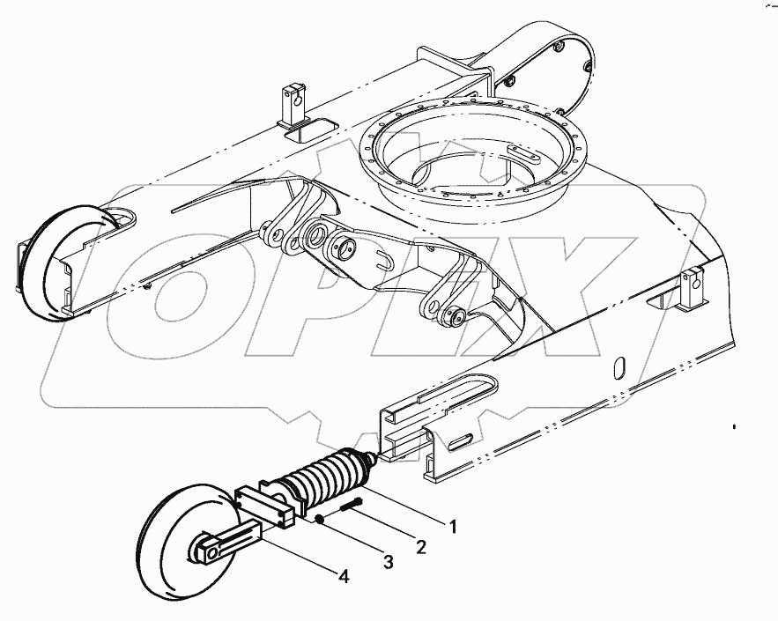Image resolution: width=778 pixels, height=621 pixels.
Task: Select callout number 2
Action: pyautogui.click(x=421, y=548)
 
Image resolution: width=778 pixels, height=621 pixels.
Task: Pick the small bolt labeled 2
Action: pyautogui.click(x=348, y=506)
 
